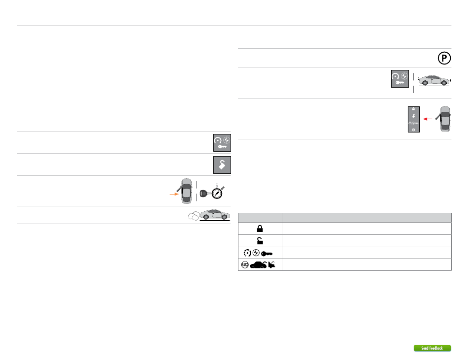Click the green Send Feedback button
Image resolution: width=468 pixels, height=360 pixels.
click(x=432, y=348)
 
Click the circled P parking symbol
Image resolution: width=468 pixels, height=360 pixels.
click(x=443, y=58)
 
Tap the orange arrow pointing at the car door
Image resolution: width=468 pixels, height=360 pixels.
click(x=174, y=195)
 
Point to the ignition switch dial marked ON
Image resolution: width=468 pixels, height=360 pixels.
click(x=216, y=191)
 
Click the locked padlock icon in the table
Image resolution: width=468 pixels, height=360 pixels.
click(x=260, y=229)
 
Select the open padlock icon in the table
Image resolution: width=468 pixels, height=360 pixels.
click(x=260, y=241)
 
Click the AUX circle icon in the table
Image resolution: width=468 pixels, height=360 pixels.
click(x=245, y=265)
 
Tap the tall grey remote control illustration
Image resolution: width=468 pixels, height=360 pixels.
click(x=413, y=119)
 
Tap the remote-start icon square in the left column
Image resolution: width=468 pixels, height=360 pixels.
click(x=222, y=142)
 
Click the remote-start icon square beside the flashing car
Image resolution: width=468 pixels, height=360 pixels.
click(x=399, y=79)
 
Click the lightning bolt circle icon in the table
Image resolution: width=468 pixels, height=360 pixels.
click(x=256, y=253)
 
